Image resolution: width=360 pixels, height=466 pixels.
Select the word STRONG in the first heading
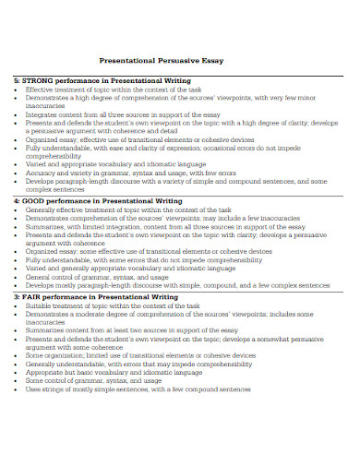[x=42, y=80]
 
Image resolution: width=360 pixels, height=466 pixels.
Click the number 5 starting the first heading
[x=16, y=80]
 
